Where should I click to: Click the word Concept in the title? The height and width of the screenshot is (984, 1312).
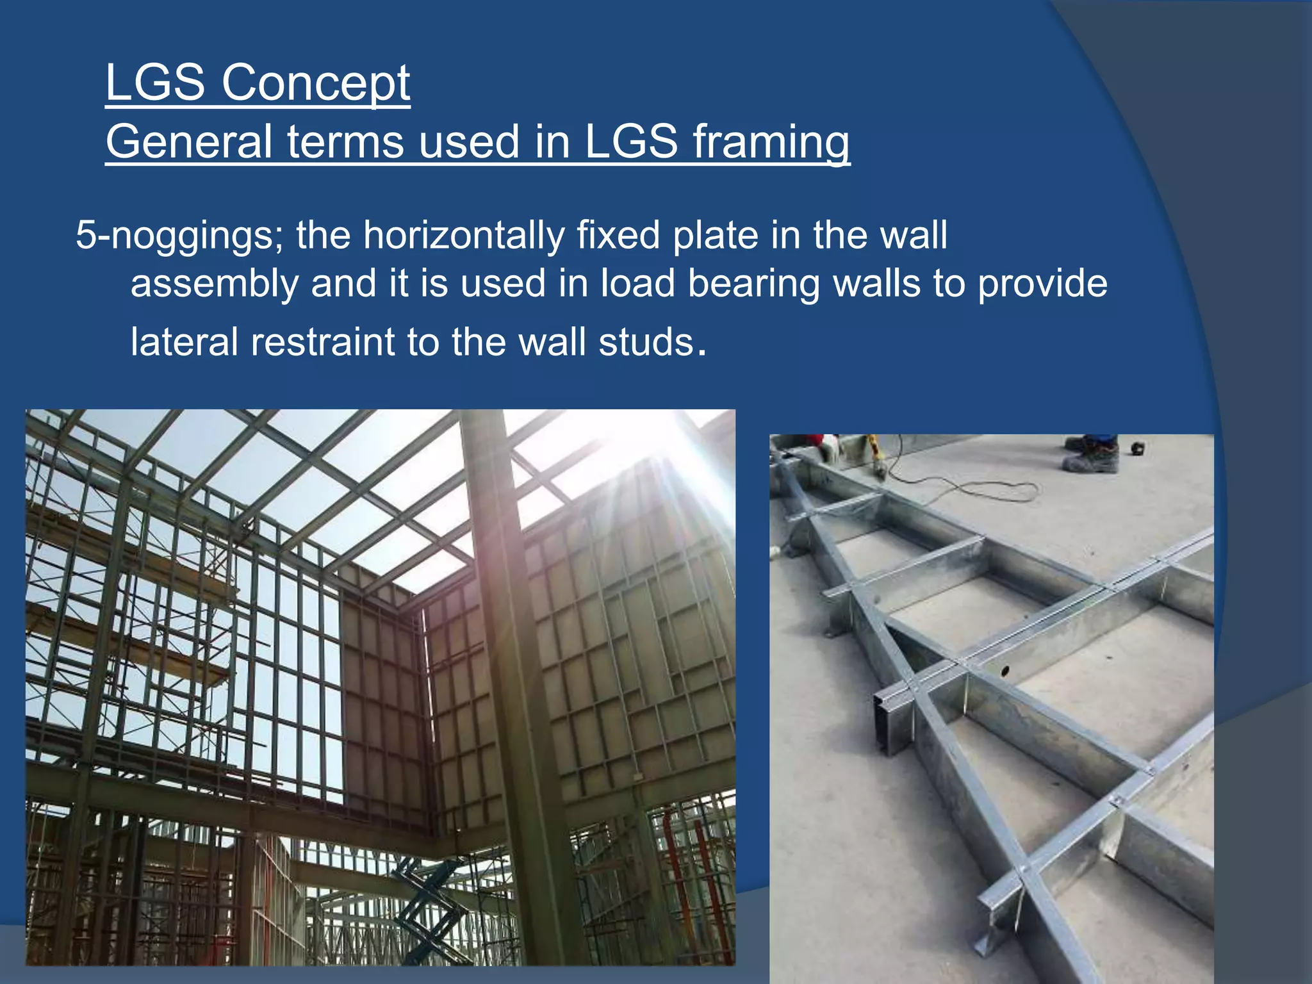click(x=316, y=83)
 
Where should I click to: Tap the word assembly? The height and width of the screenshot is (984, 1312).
click(x=215, y=284)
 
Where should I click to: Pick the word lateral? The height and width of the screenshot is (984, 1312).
click(x=184, y=341)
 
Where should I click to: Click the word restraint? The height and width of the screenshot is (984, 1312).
click(x=322, y=341)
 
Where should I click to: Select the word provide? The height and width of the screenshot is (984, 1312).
click(x=1042, y=284)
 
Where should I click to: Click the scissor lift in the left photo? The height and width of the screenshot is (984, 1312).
click(x=428, y=910)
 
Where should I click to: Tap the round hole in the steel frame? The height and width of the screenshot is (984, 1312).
click(x=1004, y=671)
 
